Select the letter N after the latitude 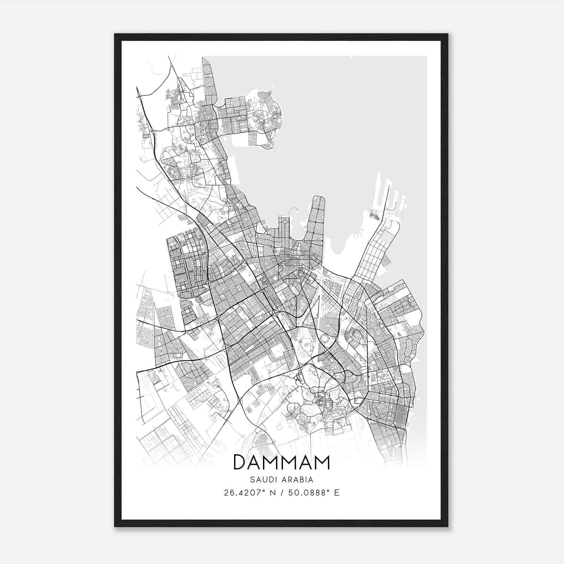click(273, 493)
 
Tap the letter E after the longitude click(337, 493)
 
